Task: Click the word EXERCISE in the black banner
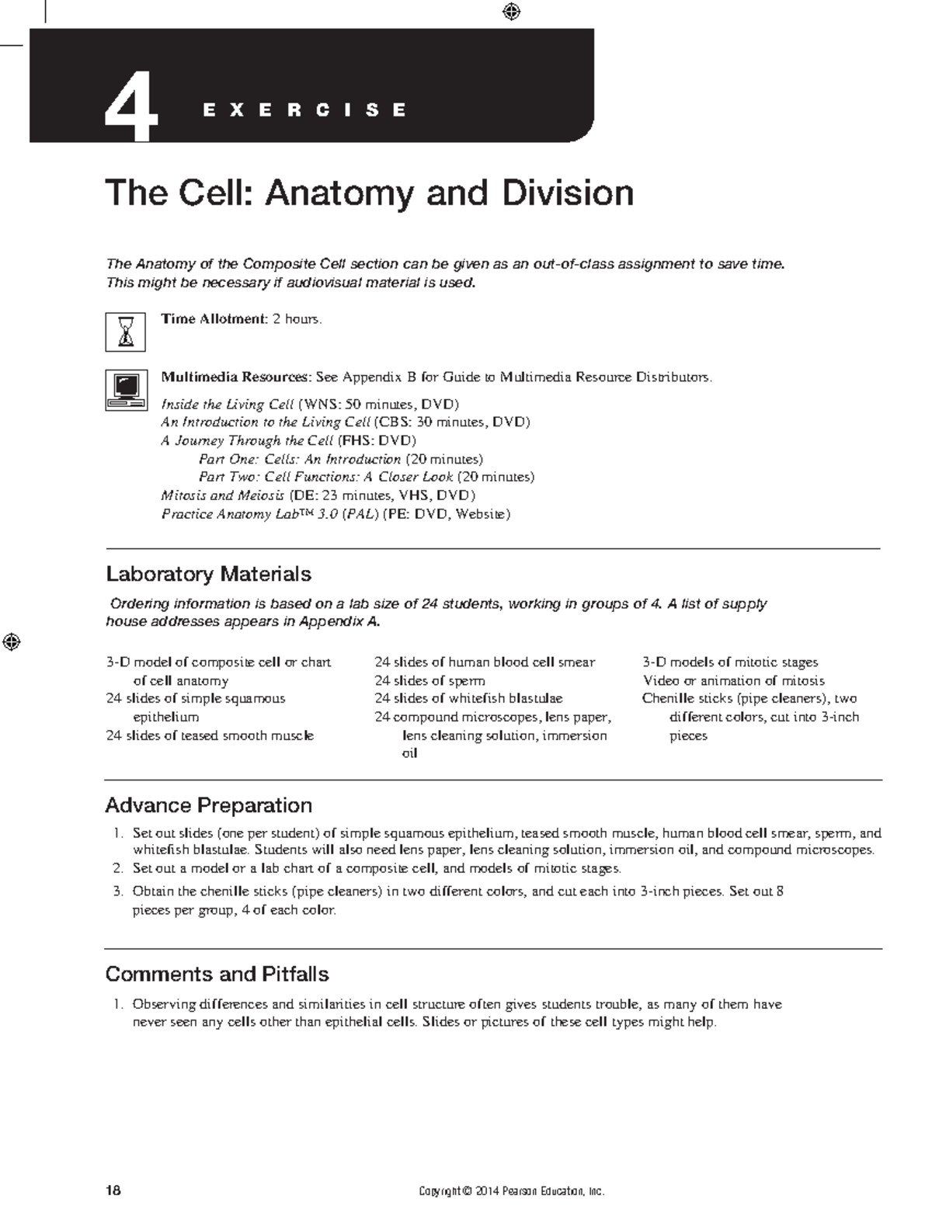coord(304,110)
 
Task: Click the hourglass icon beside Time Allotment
coord(125,332)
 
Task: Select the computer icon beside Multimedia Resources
coord(125,390)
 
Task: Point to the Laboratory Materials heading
coord(208,575)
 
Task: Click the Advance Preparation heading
coord(208,805)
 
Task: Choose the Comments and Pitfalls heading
coord(217,975)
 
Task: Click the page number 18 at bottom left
coord(114,1190)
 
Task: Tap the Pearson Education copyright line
coord(511,1191)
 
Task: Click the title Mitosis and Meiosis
coord(222,495)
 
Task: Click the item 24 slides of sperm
coord(429,681)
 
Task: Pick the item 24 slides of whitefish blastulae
coord(468,699)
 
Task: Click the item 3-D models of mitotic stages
coord(730,662)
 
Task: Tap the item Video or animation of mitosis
coord(733,681)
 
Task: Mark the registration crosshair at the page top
coord(511,12)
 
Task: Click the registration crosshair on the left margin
coord(11,642)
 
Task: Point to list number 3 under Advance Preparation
coord(118,891)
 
